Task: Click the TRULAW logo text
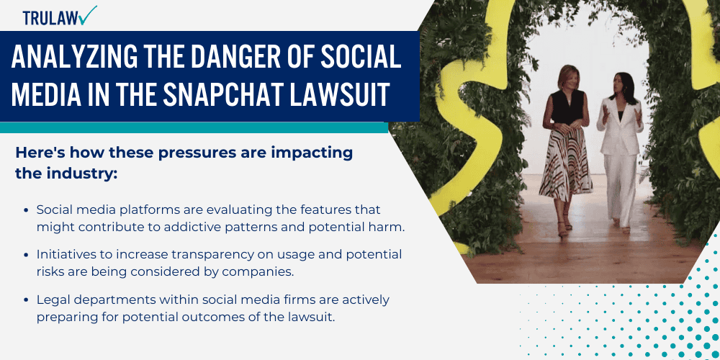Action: click(x=52, y=18)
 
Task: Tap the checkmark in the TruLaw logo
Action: click(x=90, y=14)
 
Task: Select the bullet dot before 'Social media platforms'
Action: click(x=28, y=210)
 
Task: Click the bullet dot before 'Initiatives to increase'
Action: click(x=28, y=255)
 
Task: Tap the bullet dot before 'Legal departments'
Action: click(x=28, y=300)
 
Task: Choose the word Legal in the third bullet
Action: click(x=53, y=299)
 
